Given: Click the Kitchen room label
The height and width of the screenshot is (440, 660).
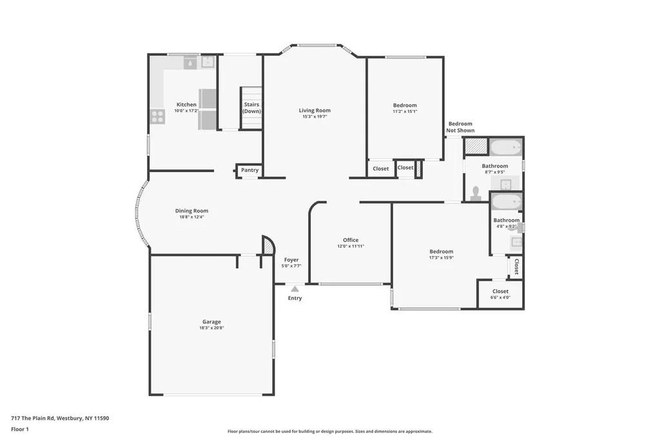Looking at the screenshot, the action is click(186, 105).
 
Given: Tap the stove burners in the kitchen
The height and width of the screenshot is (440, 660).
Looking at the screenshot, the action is click(157, 117).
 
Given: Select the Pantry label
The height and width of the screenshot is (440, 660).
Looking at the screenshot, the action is click(249, 170).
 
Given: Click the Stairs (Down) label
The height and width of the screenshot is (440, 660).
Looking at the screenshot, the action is click(252, 108).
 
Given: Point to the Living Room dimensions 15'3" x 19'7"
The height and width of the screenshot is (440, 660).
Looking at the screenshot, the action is click(315, 117).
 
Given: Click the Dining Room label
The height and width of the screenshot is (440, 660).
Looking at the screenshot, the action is click(191, 211).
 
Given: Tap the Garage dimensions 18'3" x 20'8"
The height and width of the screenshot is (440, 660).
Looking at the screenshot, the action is click(211, 328).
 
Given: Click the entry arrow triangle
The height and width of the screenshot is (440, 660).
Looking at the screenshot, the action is click(295, 289).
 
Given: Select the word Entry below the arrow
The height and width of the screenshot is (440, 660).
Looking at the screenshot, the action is click(295, 298).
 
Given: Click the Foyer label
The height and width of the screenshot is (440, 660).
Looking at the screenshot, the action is click(291, 260).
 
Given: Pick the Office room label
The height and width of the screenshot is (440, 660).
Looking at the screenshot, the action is click(351, 240).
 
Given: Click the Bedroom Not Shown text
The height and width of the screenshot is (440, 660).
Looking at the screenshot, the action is click(460, 127).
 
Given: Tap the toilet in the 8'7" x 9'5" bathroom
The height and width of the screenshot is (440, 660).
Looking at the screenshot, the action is click(476, 193).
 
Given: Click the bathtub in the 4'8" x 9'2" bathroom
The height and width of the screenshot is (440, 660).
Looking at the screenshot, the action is click(507, 201).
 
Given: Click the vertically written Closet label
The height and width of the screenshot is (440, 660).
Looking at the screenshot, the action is click(516, 267).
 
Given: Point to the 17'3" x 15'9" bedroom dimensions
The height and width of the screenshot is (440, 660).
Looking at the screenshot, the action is click(441, 257).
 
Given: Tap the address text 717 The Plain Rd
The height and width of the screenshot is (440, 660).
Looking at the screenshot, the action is click(33, 419).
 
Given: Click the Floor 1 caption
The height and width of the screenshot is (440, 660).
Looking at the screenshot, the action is click(20, 430).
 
